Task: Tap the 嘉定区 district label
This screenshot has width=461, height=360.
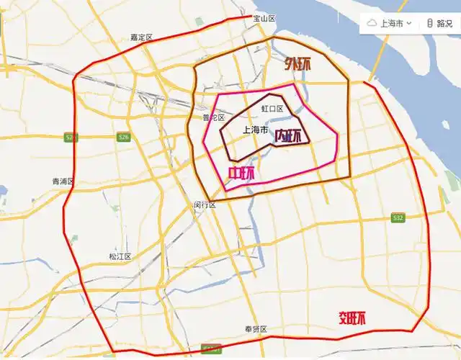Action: (142, 37)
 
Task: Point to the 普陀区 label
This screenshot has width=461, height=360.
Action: (213, 117)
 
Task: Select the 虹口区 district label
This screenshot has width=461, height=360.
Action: (272, 109)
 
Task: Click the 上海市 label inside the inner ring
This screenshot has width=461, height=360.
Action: (256, 131)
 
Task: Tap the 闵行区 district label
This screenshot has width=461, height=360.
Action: (205, 204)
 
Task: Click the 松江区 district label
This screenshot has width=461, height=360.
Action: (120, 256)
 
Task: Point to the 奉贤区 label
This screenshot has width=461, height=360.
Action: (256, 329)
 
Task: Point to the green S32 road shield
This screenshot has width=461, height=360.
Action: (398, 217)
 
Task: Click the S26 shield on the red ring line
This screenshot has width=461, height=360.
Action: (71, 138)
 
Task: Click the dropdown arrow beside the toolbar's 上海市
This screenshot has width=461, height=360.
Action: (408, 23)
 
